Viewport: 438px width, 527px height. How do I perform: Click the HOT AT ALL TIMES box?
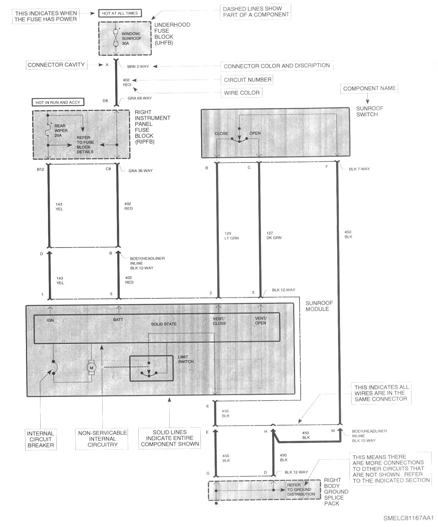click(x=120, y=13)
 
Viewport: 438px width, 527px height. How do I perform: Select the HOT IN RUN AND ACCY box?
click(x=58, y=102)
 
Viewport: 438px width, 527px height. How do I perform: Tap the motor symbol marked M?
click(x=91, y=367)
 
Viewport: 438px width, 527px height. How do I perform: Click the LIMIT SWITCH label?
click(x=186, y=359)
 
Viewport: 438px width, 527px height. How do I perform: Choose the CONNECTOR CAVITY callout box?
click(x=56, y=65)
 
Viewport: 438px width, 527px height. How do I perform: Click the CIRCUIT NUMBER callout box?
click(x=247, y=80)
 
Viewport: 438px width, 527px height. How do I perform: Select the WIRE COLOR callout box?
click(x=242, y=93)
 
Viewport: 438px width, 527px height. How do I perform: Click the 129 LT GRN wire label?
click(x=232, y=236)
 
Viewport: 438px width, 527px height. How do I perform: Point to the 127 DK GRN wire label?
click(x=274, y=236)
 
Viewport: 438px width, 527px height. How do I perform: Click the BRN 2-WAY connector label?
click(x=138, y=66)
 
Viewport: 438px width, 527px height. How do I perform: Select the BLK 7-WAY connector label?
click(x=359, y=169)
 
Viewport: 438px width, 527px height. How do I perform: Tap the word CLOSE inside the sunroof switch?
click(x=221, y=134)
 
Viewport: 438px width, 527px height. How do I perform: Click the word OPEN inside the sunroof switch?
click(x=255, y=133)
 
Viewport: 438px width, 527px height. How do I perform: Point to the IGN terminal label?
click(x=50, y=320)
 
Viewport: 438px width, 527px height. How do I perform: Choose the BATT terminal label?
click(x=118, y=320)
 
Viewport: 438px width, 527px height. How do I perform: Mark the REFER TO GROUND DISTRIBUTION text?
click(x=301, y=489)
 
